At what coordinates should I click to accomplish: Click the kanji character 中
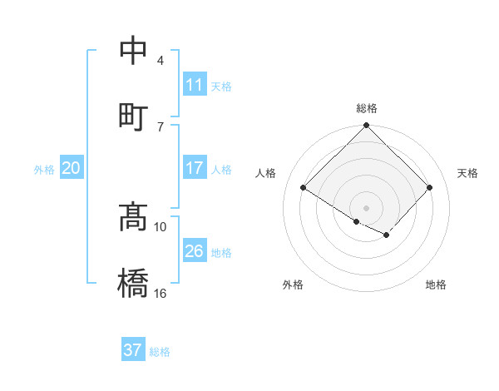[x=133, y=52]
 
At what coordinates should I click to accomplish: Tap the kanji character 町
[x=133, y=117]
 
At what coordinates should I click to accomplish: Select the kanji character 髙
[x=133, y=217]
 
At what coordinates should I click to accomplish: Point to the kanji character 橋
[x=133, y=284]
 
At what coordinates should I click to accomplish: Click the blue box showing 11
[x=195, y=85]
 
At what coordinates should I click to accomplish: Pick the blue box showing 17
[x=195, y=168]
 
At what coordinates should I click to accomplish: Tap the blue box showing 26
[x=195, y=251]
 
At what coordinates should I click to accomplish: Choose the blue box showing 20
[x=72, y=168]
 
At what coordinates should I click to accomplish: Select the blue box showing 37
[x=133, y=350]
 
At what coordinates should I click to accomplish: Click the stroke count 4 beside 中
[x=161, y=61]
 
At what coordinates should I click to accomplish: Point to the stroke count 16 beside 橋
[x=161, y=293]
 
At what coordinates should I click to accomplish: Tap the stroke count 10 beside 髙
[x=161, y=226]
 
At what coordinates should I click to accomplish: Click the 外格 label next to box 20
[x=44, y=170]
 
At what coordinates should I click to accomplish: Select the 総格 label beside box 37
[x=160, y=352]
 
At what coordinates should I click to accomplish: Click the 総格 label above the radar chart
[x=366, y=108]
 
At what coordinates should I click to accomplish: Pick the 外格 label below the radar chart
[x=293, y=285]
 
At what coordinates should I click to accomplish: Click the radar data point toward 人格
[x=304, y=188]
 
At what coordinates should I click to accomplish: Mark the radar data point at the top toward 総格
[x=366, y=126]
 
